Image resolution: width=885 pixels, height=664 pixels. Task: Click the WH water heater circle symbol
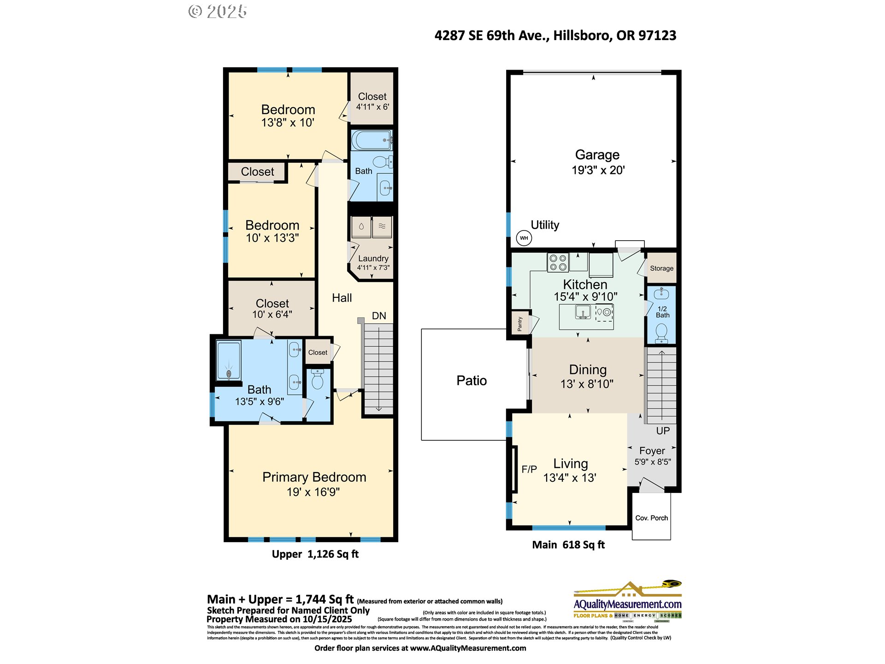tap(524, 238)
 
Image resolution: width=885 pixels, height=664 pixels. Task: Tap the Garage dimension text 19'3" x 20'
tap(598, 170)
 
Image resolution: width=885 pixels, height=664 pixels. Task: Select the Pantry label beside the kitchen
tap(520, 324)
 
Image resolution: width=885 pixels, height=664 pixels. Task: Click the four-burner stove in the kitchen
tap(558, 263)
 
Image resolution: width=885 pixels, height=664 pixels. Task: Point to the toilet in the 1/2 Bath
tap(661, 332)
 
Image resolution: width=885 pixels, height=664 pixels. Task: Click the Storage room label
tap(661, 268)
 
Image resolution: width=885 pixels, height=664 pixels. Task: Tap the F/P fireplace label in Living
tap(529, 469)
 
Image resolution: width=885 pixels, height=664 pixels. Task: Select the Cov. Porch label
tap(651, 518)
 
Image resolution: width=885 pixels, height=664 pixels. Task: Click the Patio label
tap(472, 380)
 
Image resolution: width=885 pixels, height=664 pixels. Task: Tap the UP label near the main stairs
tap(663, 431)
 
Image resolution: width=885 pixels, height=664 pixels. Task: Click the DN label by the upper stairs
tap(379, 316)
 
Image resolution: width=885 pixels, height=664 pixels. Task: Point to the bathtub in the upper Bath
tap(372, 140)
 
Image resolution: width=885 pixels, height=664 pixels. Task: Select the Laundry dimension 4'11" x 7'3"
tap(373, 267)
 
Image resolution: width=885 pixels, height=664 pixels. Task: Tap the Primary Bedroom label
tap(314, 477)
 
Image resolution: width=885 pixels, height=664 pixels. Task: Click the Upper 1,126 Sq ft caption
tap(315, 554)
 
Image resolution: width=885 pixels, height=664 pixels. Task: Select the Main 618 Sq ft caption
tap(568, 545)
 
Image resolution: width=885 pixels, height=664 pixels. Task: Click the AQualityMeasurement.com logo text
tap(627, 604)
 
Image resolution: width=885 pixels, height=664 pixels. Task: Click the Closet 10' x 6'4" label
tap(272, 308)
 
